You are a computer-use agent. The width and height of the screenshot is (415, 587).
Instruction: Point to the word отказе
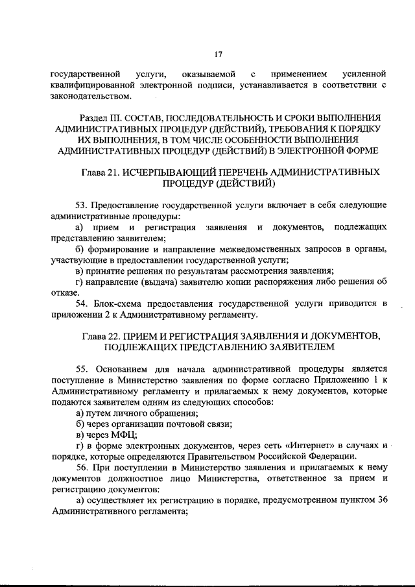coord(65,293)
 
